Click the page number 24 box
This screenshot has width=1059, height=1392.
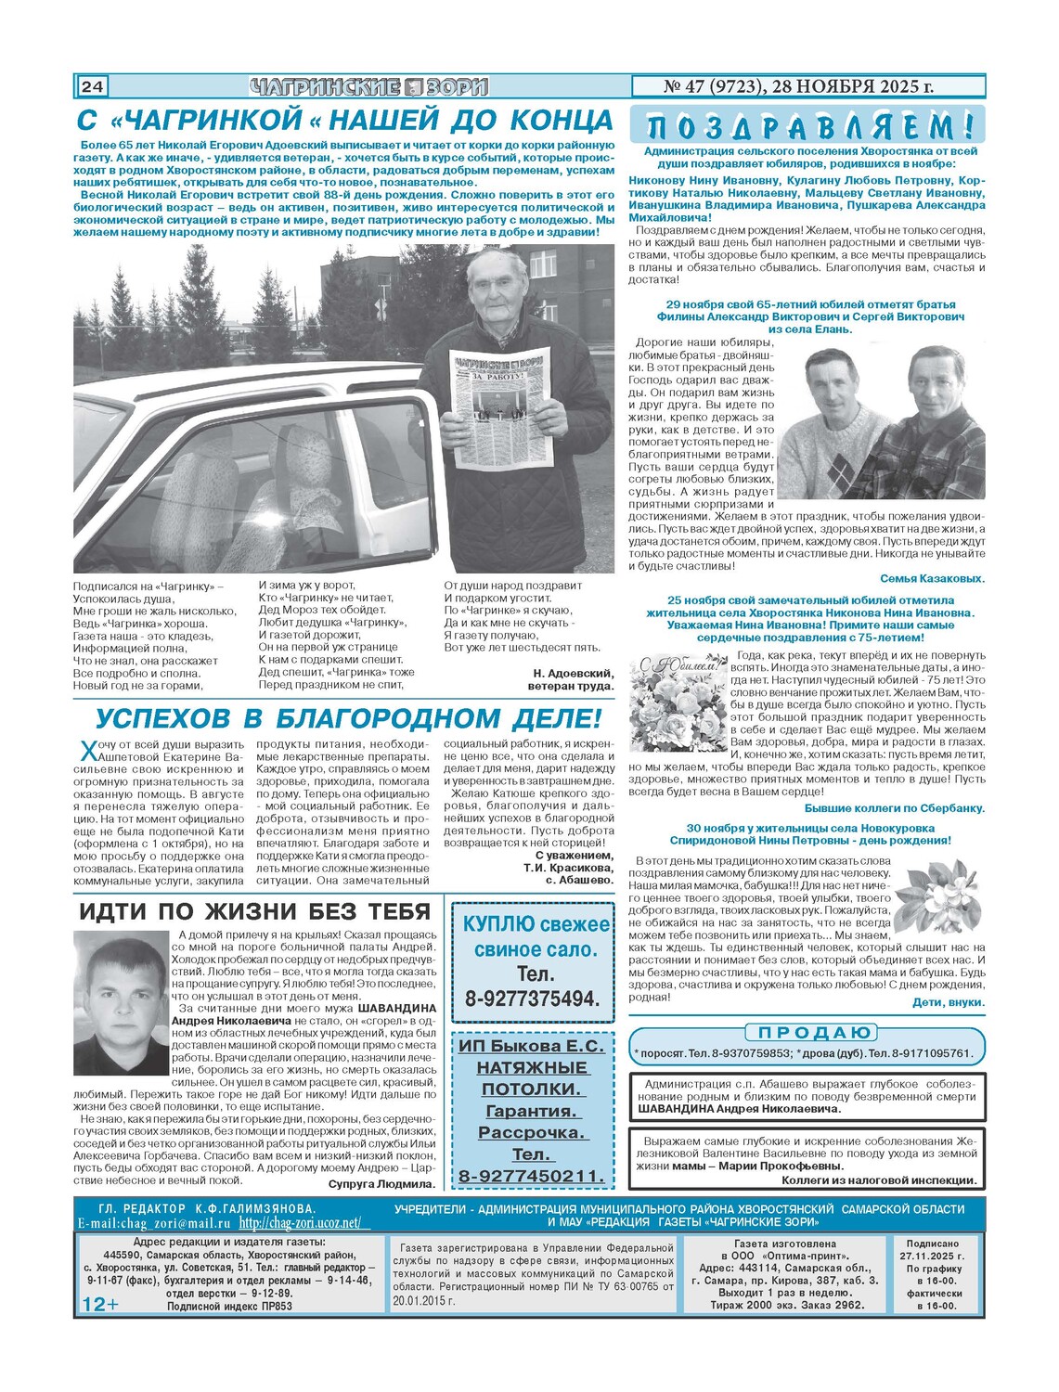click(92, 87)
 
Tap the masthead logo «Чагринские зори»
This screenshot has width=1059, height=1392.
click(368, 87)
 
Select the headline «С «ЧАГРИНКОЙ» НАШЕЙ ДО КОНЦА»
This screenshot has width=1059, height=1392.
click(344, 121)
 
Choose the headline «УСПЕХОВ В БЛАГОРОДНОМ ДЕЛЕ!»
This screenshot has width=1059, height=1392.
click(348, 718)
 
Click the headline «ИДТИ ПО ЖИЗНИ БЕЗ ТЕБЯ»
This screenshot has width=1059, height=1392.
click(255, 911)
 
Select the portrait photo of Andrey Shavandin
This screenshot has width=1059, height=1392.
click(122, 1003)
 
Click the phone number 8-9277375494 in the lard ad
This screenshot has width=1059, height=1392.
click(532, 999)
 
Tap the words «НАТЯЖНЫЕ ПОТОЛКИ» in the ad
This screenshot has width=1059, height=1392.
click(532, 1078)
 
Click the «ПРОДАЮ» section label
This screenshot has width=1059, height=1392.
click(809, 1033)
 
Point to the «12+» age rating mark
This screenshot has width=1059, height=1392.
click(100, 1304)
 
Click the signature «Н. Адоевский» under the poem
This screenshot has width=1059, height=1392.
click(573, 673)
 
